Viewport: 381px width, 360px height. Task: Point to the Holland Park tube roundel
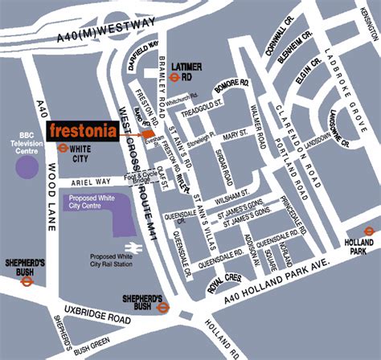click(x=369, y=231)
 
